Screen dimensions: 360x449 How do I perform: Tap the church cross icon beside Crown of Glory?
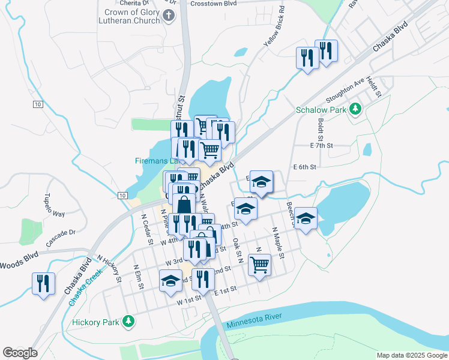click(169, 16)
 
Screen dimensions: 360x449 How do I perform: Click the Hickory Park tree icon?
click(128, 322)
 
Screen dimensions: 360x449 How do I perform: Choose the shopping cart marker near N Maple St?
click(259, 264)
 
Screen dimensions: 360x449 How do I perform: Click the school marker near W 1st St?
click(170, 281)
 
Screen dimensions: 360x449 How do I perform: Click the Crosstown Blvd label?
click(211, 3)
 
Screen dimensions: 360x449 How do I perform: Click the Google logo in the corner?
click(20, 353)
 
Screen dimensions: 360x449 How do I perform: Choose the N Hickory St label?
click(111, 270)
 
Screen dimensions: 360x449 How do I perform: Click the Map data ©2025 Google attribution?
click(411, 355)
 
